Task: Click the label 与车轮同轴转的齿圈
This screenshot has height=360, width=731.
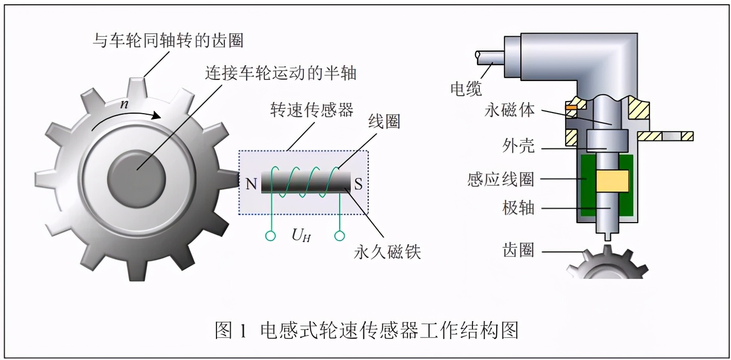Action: click(168, 39)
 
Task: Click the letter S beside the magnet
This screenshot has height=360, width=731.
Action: click(358, 184)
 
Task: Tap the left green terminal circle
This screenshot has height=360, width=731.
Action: click(271, 236)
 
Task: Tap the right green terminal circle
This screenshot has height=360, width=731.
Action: click(340, 236)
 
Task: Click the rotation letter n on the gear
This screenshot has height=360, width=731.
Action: click(124, 104)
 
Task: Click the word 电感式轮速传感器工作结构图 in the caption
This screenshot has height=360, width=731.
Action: click(390, 330)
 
